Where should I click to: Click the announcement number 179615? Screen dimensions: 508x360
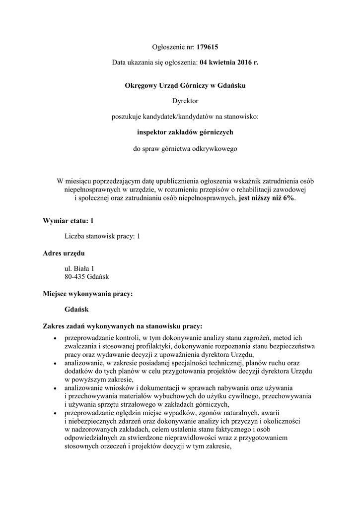(x=208, y=48)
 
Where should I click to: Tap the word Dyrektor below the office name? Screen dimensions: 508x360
(x=185, y=101)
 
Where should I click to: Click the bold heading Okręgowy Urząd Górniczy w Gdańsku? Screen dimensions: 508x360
(x=185, y=85)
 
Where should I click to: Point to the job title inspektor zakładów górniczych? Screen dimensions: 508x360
(x=185, y=132)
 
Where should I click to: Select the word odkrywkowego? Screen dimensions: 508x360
(x=216, y=148)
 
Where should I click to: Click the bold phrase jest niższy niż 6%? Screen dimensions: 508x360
(x=267, y=197)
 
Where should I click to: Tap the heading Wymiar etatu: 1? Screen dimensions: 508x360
(x=68, y=220)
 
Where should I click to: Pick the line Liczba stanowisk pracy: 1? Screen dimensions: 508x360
(x=102, y=236)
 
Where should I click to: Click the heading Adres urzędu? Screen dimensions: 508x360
(x=64, y=253)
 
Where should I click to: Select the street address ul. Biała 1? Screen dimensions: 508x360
(x=79, y=268)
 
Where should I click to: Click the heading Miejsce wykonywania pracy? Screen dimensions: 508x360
(x=88, y=294)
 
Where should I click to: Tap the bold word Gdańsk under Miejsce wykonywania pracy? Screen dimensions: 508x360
(x=76, y=310)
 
